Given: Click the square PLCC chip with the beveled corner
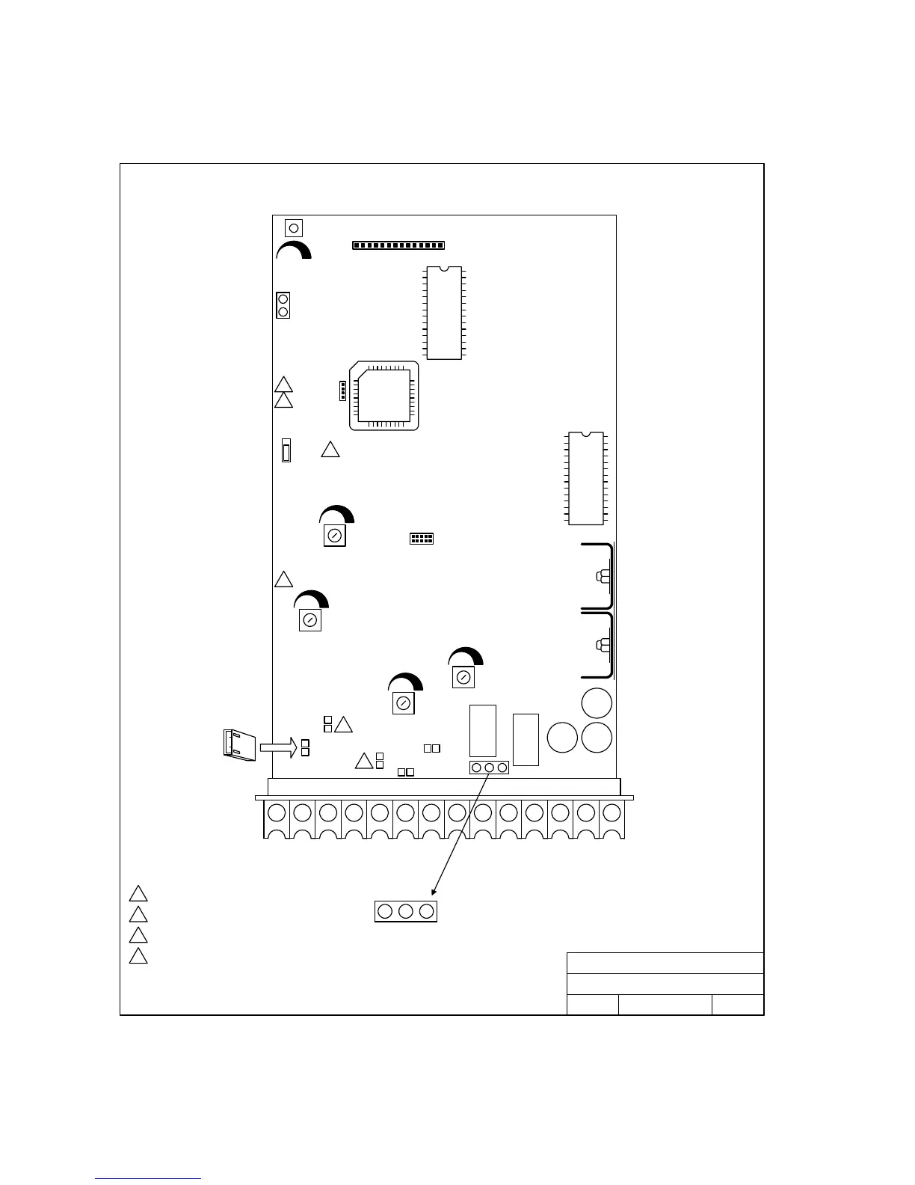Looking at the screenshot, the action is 384,396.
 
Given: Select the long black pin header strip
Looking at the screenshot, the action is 398,245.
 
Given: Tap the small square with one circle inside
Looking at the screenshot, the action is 294,227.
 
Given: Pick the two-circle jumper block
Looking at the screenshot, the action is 283,305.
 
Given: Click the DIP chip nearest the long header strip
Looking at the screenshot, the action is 444,312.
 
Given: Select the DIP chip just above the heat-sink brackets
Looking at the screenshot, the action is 586,478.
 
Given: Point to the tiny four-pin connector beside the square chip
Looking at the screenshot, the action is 341,391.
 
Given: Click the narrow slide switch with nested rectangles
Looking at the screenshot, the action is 286,450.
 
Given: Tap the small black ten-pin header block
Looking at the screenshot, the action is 422,539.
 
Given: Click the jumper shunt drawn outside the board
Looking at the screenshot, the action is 239,744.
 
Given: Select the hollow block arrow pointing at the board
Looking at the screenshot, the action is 278,746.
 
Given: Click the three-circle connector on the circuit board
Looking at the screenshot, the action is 489,768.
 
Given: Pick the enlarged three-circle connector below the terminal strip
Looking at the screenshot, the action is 405,911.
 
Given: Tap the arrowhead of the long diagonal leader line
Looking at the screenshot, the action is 434,892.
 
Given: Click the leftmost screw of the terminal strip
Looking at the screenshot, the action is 277,812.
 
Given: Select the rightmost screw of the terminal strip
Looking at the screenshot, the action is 611,812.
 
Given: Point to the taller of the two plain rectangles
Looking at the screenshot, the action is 483,730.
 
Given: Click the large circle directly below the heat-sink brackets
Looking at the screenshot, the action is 597,703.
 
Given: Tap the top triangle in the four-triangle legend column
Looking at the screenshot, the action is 138,894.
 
